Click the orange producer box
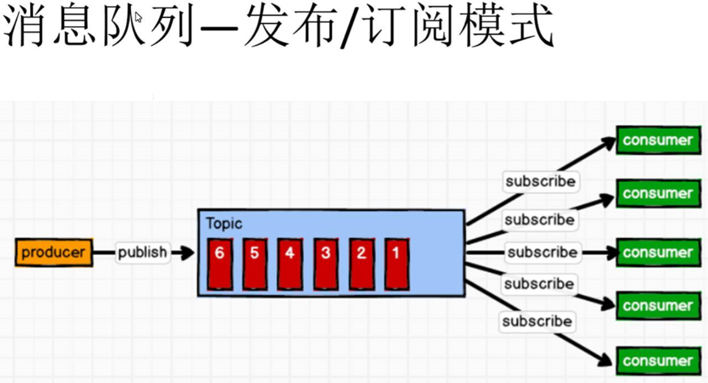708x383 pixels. pos(54,252)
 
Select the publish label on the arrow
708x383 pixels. pos(142,252)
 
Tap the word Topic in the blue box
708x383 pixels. pos(224,224)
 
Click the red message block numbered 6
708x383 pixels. pos(220,264)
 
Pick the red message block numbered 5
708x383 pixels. pos(255,264)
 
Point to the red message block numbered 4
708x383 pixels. pos(290,264)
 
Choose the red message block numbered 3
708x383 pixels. pos(326,264)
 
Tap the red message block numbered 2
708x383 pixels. pos(362,264)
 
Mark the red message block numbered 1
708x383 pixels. pos(396,264)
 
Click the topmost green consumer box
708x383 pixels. pos(658,140)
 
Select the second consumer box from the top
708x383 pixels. pos(658,193)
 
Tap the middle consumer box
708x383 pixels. pos(658,252)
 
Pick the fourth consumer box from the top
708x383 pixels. pos(658,306)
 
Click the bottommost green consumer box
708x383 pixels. pos(658,361)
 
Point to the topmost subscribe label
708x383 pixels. pos(540,181)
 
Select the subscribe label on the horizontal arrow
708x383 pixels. pos(542,252)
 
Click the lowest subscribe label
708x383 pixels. pos(536,321)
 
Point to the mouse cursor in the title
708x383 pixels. pos(139,17)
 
